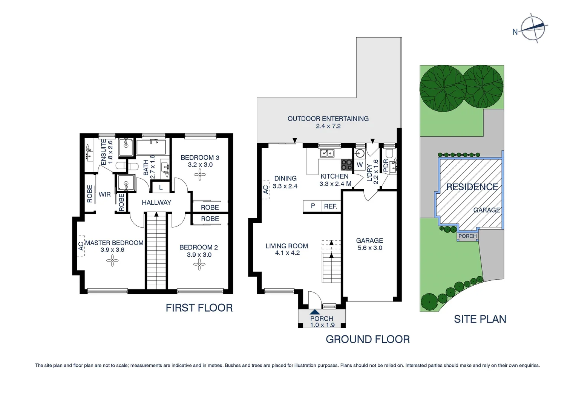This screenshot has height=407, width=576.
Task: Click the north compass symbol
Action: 533,28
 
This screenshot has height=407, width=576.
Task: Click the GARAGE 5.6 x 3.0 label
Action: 369,244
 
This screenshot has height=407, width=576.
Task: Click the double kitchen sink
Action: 326,153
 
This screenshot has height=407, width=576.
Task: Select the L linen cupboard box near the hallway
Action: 161,187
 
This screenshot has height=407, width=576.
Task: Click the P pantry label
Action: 313,206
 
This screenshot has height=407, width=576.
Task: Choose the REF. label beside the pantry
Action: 331,207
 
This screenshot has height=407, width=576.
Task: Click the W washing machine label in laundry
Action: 359,165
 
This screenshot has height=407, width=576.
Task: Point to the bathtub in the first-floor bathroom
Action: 151,147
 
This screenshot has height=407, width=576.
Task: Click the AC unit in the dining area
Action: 266,189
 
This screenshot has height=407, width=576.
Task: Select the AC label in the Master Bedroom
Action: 81,246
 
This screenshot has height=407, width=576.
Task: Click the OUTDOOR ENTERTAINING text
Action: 328,119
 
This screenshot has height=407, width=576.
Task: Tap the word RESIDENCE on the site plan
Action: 472,187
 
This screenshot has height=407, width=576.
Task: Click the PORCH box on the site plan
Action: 467,236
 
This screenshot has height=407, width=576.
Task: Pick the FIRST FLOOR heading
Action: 199,308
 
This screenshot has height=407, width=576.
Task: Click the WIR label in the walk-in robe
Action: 104,194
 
